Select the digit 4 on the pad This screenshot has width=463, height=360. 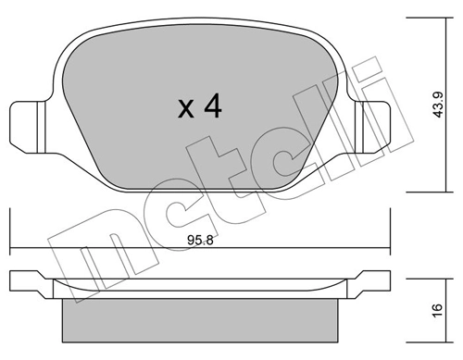click(212, 109)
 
